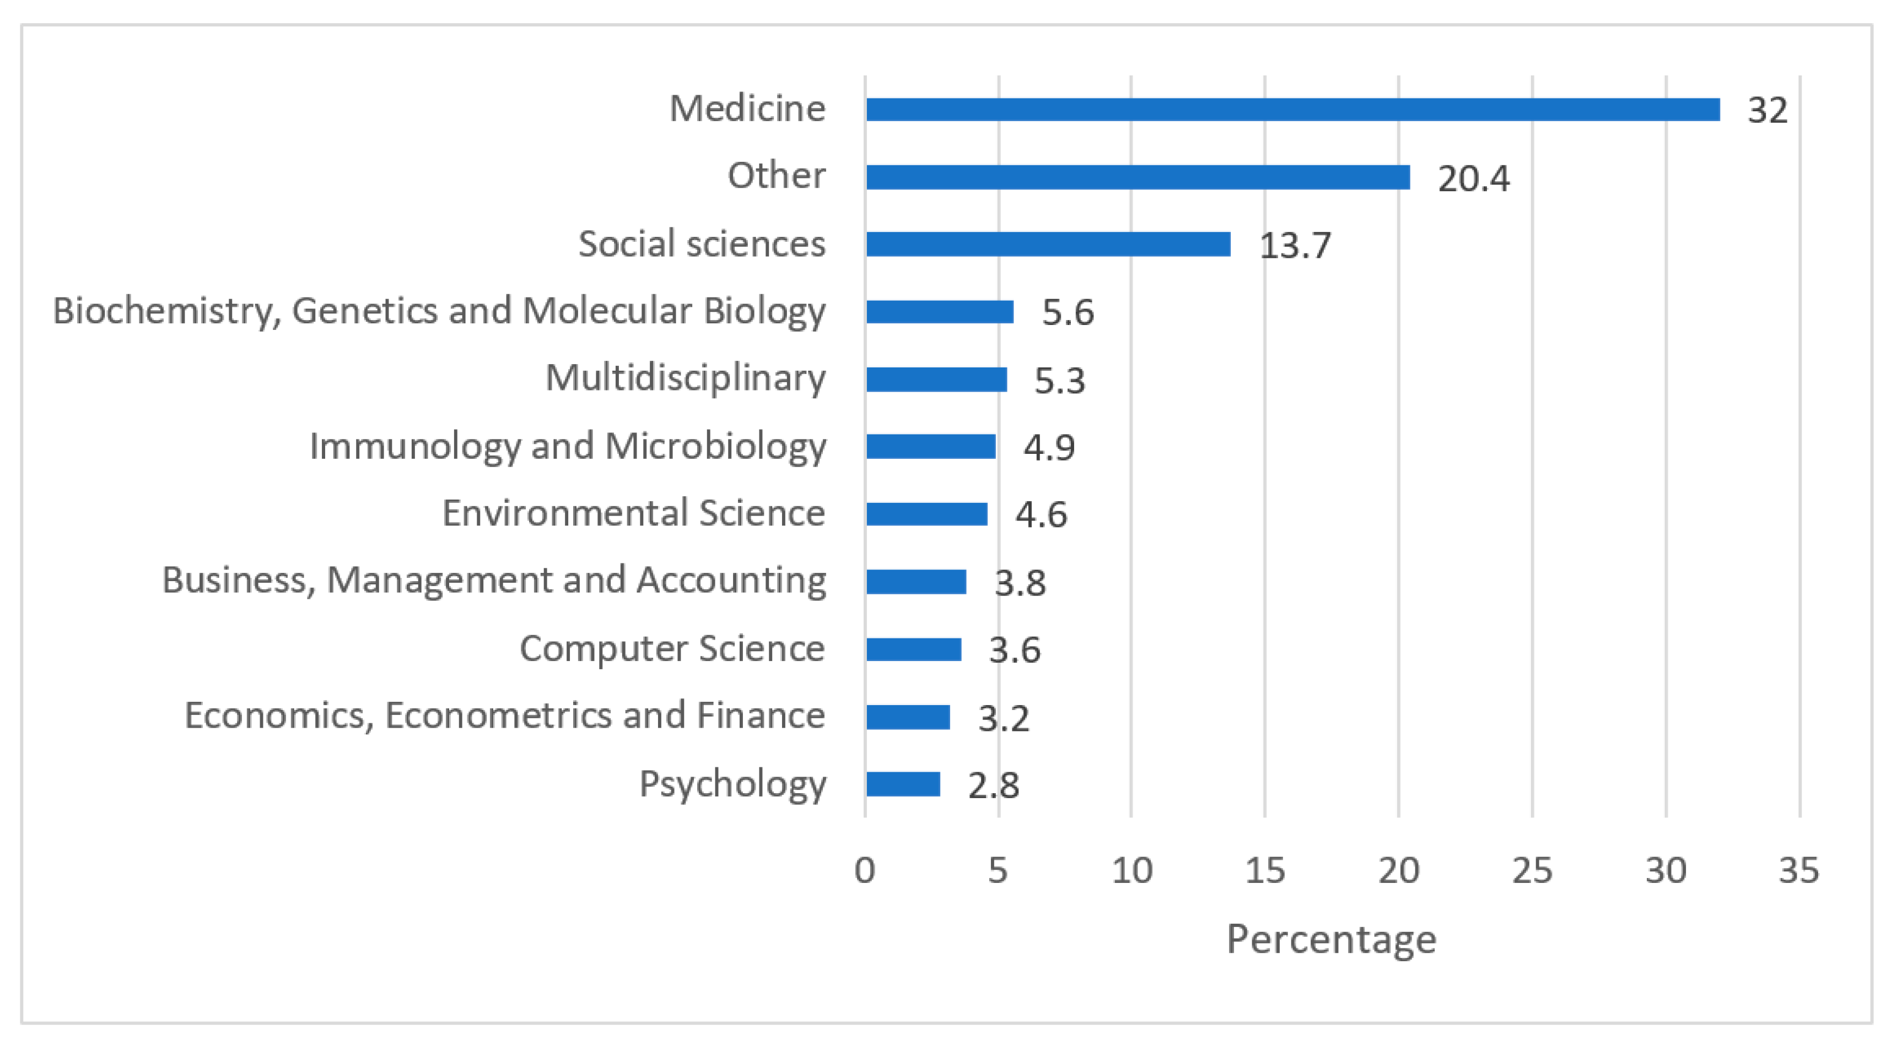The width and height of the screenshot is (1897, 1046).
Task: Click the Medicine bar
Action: [1292, 110]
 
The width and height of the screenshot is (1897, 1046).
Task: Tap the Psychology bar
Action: [903, 784]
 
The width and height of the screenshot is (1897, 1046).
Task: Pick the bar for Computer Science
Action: [913, 649]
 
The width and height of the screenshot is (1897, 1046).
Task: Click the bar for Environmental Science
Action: [926, 514]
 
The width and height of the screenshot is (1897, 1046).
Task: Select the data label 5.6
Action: [1067, 313]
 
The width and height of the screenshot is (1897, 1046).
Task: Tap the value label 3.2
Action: [1003, 718]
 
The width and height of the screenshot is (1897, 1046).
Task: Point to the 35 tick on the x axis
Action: [1798, 871]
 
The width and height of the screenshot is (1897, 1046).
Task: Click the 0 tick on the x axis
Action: [865, 871]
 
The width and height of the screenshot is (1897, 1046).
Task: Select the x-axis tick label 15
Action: [1264, 871]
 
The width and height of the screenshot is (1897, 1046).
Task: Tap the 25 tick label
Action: [1532, 871]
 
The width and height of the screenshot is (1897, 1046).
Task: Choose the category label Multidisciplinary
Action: [685, 378]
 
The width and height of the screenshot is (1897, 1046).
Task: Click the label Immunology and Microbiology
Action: [567, 446]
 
